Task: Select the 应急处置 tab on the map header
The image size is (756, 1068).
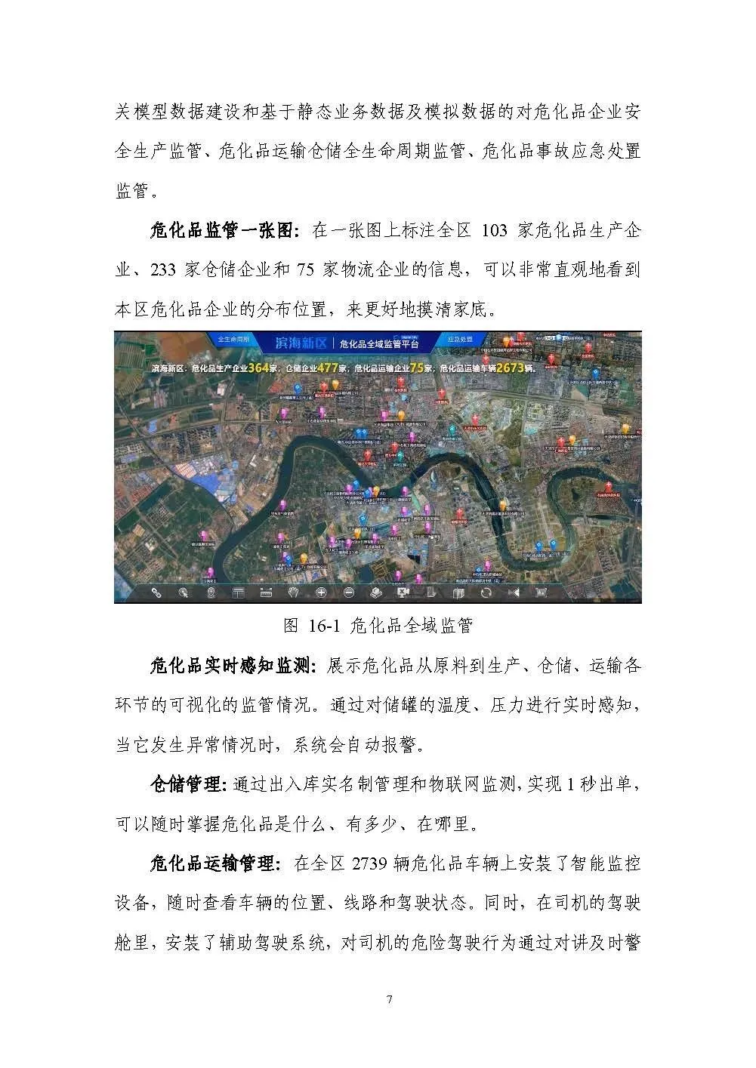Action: (459, 340)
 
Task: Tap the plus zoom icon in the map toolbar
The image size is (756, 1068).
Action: (321, 592)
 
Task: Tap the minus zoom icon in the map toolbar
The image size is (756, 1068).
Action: (348, 592)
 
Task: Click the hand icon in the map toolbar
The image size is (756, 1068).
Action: (295, 592)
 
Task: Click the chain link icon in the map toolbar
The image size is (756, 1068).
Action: (156, 592)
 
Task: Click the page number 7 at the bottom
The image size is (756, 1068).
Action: (389, 1000)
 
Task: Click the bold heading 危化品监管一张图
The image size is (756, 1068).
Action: (225, 230)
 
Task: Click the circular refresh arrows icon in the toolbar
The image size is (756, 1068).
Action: (486, 592)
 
